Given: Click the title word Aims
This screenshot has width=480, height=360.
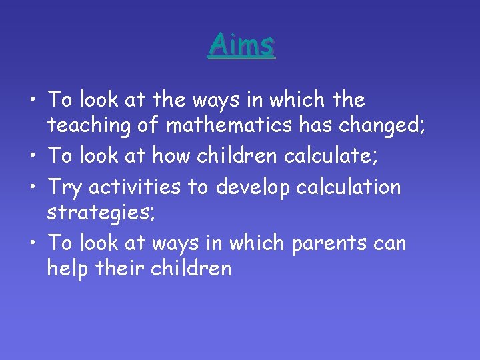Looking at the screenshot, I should (241, 45).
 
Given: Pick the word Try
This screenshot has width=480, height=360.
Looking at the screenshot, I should (65, 187).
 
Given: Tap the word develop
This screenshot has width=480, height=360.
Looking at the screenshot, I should (257, 187).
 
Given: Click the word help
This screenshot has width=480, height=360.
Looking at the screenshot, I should (67, 269).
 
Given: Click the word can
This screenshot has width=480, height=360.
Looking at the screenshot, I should (390, 243).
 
